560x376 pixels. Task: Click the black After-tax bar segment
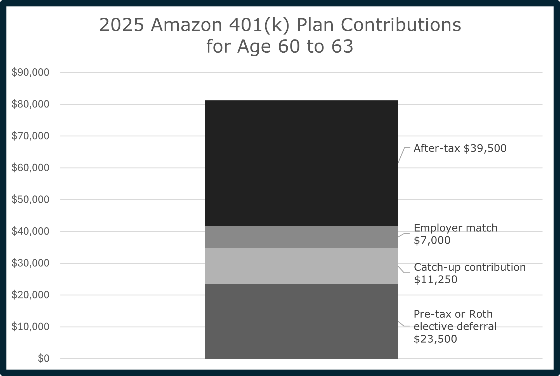[301, 163]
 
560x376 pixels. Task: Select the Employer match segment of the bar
[301, 237]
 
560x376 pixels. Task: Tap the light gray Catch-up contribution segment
[301, 266]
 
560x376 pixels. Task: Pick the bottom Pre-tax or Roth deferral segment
[301, 321]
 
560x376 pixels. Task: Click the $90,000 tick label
[30, 73]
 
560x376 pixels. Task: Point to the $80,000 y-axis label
[30, 104]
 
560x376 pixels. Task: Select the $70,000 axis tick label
[30, 136]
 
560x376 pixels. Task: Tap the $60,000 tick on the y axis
[30, 168]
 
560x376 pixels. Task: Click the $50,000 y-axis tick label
[30, 200]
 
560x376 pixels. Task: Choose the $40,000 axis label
[30, 231]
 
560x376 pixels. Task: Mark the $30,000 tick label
[30, 263]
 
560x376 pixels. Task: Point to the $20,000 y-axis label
[30, 295]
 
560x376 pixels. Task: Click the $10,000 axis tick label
[30, 327]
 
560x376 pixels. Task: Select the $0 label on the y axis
[43, 358]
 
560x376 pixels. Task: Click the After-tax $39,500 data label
[460, 148]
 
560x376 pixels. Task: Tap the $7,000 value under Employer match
[432, 240]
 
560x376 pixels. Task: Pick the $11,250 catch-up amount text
[435, 280]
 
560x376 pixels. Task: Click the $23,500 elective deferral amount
[435, 339]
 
